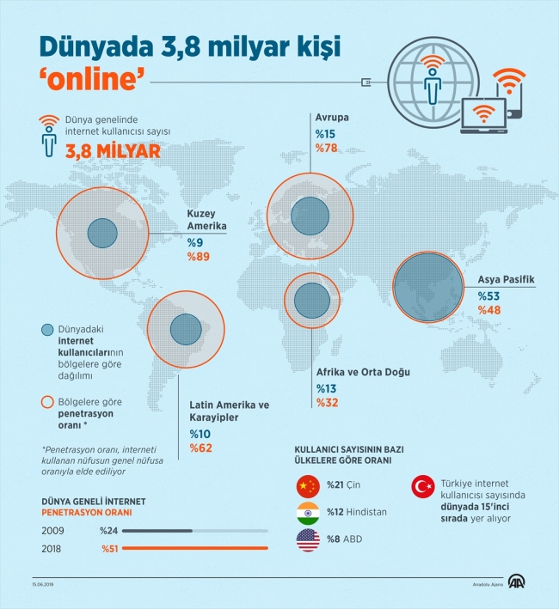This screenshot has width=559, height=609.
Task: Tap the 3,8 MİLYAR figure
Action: [x=110, y=152]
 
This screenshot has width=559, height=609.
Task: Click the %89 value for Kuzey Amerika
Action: [x=199, y=258]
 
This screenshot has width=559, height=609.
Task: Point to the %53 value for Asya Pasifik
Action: [x=489, y=296]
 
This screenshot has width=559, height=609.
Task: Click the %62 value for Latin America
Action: [x=201, y=448]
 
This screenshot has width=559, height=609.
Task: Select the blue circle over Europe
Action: [x=309, y=213]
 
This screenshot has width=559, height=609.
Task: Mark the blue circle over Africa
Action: [x=312, y=301]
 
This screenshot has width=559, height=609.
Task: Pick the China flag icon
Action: [x=307, y=486]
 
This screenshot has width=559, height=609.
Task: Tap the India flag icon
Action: [x=307, y=513]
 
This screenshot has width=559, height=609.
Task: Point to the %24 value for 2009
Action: [x=110, y=530]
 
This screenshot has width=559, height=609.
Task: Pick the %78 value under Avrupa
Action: [x=327, y=149]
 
